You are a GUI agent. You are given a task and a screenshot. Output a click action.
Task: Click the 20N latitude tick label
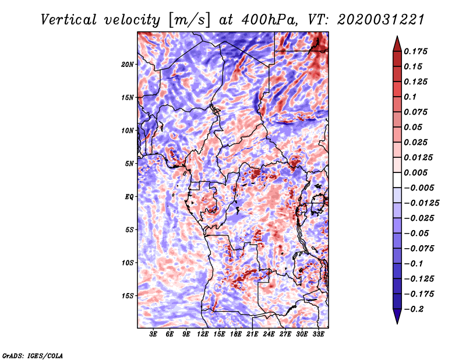click(x=128, y=64)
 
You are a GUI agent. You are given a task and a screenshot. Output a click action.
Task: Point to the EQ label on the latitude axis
click(x=130, y=197)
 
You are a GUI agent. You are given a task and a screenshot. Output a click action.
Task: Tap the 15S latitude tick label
click(x=128, y=296)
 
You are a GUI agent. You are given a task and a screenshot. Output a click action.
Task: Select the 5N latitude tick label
click(x=129, y=164)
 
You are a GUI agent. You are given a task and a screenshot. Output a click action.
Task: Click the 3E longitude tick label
click(x=154, y=334)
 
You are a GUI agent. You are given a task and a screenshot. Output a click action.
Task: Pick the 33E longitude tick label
click(x=319, y=334)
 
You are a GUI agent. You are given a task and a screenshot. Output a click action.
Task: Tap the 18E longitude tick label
click(x=236, y=334)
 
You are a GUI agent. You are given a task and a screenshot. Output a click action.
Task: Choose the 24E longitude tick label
click(x=269, y=334)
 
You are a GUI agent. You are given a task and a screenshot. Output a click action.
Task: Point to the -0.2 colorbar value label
click(x=416, y=309)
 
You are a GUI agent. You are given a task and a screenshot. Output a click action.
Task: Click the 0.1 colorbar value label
click(x=410, y=97)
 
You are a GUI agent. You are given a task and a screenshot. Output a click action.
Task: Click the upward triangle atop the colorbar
click(x=396, y=43)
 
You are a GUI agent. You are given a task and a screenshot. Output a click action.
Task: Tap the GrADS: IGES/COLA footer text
click(x=32, y=355)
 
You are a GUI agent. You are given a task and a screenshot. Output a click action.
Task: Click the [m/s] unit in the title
click(x=188, y=20)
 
